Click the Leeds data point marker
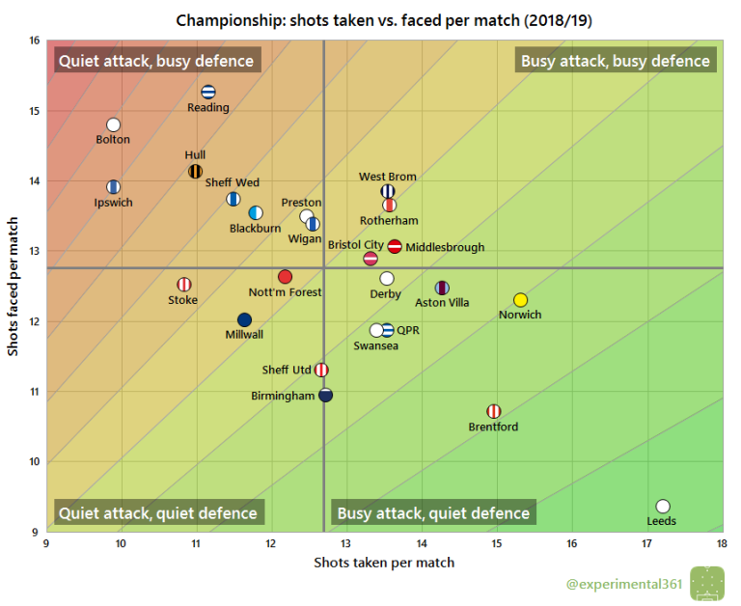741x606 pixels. [663, 507]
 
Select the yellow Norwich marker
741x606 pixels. [521, 300]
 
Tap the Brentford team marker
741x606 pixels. [494, 411]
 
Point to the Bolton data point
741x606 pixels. [113, 124]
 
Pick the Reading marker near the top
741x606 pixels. [208, 93]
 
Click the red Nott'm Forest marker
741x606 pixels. [285, 277]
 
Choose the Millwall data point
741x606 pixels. [244, 319]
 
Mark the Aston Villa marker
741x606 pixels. [442, 288]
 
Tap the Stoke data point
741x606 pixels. [183, 285]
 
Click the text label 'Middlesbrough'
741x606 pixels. [445, 248]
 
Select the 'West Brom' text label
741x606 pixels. [388, 177]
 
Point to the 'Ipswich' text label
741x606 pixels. [114, 203]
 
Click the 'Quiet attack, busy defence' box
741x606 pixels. [156, 61]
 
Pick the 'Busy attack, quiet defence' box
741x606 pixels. [433, 513]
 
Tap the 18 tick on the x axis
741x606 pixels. [721, 544]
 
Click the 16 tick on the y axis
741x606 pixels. [34, 41]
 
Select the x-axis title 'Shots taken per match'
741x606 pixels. [384, 563]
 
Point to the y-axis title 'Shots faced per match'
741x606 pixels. [14, 286]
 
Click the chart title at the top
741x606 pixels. [370, 19]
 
